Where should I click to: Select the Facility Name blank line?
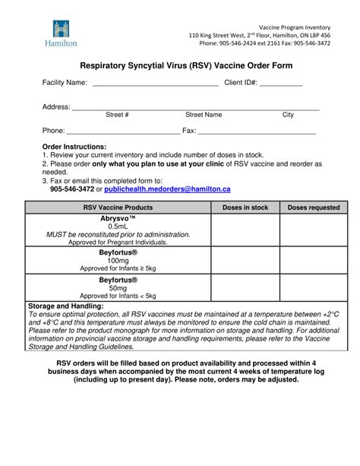[x=155, y=84]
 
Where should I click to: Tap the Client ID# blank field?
[x=283, y=84]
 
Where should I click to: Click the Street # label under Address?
[x=117, y=115]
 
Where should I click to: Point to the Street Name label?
[x=204, y=115]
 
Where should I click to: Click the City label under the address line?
[x=288, y=115]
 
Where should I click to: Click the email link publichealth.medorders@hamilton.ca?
[x=167, y=189]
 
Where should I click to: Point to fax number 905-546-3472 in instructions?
[x=72, y=189]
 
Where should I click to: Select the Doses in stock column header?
[x=245, y=207]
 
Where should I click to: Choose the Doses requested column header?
[x=314, y=207]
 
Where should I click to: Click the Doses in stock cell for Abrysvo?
[x=245, y=230]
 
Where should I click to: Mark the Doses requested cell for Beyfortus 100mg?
[x=314, y=260]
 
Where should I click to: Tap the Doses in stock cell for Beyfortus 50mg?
[x=245, y=287]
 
